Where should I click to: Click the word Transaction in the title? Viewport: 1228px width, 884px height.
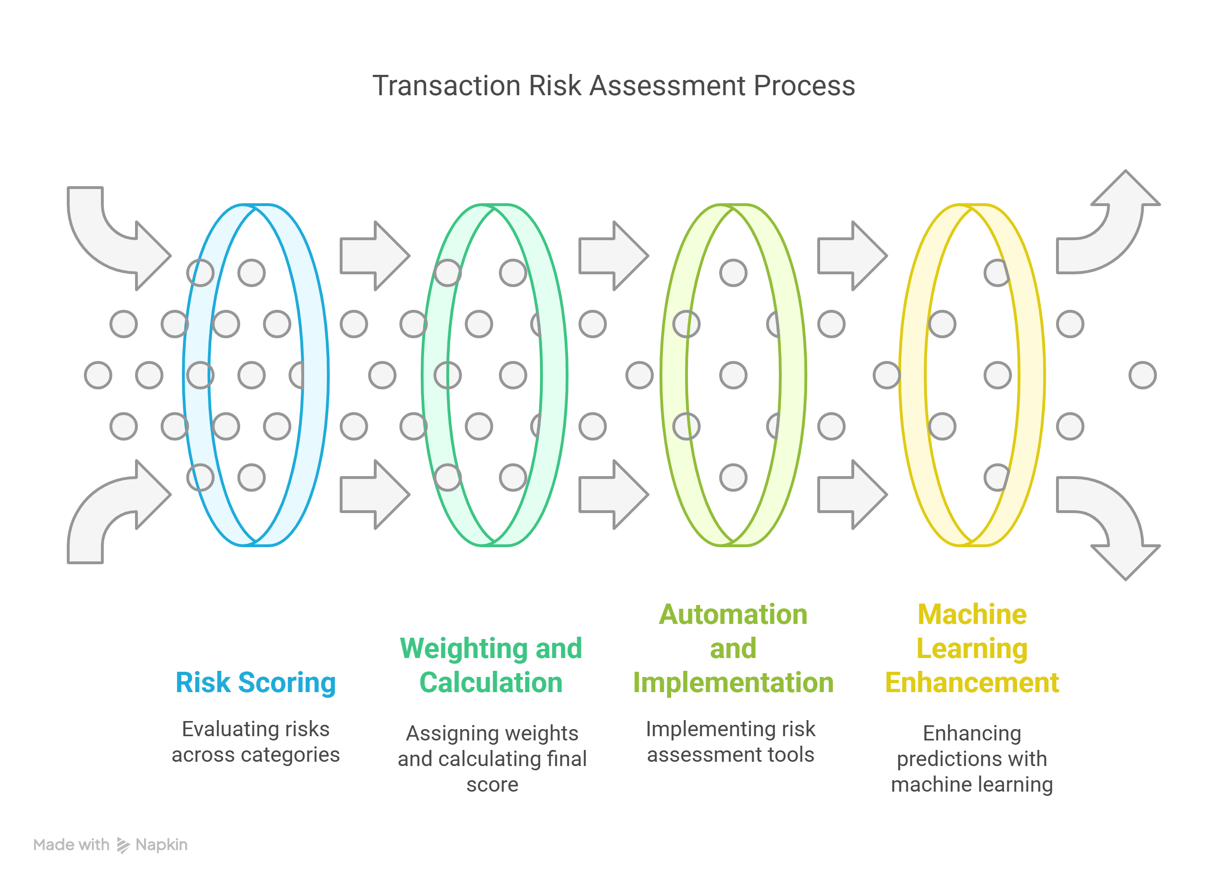446,86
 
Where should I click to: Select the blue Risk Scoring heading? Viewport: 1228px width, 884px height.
255,682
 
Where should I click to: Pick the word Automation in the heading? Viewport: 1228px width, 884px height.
732,614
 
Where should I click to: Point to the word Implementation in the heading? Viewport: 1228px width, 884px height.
732,682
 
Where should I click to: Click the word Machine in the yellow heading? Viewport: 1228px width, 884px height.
972,614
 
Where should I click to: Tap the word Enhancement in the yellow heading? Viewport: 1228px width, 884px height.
972,682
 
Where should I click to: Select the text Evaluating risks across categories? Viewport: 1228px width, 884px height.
255,741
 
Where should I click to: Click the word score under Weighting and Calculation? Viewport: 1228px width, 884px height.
492,784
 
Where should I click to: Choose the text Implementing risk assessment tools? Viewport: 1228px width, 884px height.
731,741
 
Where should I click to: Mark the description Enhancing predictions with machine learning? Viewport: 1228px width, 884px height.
972,758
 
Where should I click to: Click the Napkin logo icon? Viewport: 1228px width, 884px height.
123,845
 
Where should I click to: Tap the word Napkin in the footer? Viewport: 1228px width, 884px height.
162,845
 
